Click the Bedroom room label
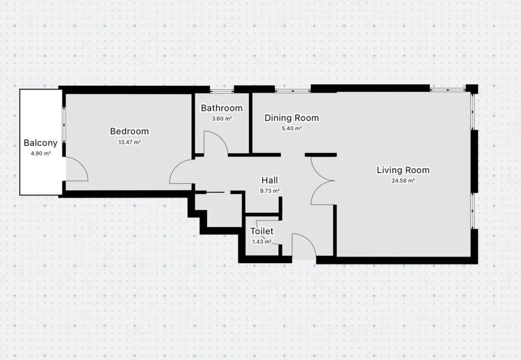(129, 131)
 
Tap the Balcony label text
(41, 143)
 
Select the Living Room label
(403, 170)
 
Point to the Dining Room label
(292, 118)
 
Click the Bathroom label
(222, 108)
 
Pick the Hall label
(270, 180)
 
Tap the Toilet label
(262, 231)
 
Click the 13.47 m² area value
(129, 142)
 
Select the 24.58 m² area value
(403, 181)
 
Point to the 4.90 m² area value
(41, 154)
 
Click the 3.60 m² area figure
(222, 119)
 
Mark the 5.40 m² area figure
(292, 129)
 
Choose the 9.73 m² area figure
(270, 191)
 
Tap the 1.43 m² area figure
(262, 242)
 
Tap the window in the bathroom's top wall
(222, 90)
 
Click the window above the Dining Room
(293, 90)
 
